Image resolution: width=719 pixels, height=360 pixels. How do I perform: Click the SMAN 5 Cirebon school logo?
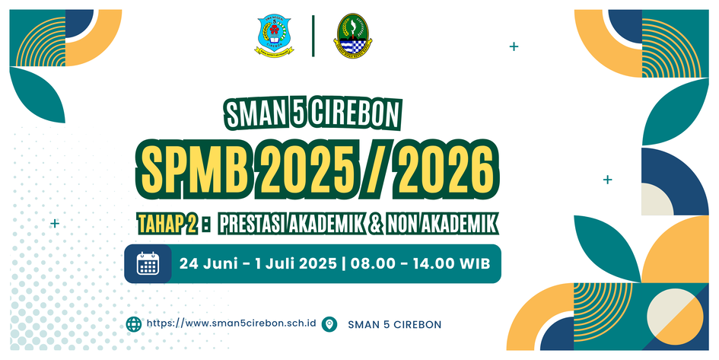click(274, 36)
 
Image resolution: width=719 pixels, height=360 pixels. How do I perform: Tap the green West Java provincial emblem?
click(352, 35)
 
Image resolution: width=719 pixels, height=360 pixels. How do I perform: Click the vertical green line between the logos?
click(313, 36)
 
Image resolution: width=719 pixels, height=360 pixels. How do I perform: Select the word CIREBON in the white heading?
click(354, 113)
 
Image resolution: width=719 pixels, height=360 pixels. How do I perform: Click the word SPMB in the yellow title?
click(195, 168)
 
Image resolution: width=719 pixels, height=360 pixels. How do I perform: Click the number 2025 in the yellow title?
click(309, 168)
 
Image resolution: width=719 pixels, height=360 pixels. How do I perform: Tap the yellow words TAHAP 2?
click(168, 225)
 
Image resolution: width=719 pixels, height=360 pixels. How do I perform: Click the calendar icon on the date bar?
click(148, 263)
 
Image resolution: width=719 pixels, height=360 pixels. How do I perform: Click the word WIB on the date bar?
click(476, 263)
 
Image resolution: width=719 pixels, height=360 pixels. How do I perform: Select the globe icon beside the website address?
click(134, 323)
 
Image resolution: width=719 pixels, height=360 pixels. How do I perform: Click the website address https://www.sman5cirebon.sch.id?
click(231, 323)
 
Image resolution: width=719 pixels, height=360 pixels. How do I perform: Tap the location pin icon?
click(329, 324)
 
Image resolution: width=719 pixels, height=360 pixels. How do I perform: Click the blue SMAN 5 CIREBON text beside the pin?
click(394, 325)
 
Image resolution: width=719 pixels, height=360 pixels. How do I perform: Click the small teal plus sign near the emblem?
click(514, 46)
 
